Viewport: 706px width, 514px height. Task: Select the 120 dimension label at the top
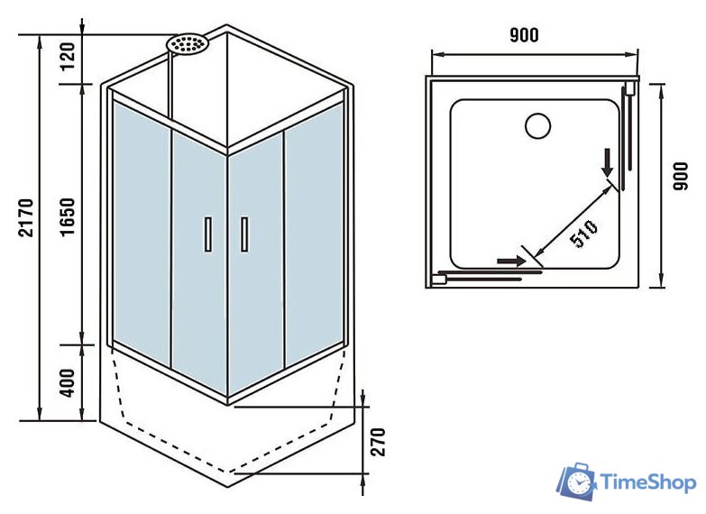pos(69,60)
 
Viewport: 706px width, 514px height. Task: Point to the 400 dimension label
pos(69,383)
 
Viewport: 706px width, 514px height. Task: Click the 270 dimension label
pos(379,441)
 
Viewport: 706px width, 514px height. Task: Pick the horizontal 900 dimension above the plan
pos(524,35)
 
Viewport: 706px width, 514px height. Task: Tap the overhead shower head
pos(188,43)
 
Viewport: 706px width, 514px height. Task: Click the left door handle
pos(207,234)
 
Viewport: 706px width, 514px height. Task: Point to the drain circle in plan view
pos(537,125)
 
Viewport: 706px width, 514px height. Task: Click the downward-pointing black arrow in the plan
pos(609,161)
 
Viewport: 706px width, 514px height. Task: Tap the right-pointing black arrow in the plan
pos(510,260)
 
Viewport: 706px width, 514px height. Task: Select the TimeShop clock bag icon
pos(576,483)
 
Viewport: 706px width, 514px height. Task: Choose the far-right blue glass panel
pos(314,239)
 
